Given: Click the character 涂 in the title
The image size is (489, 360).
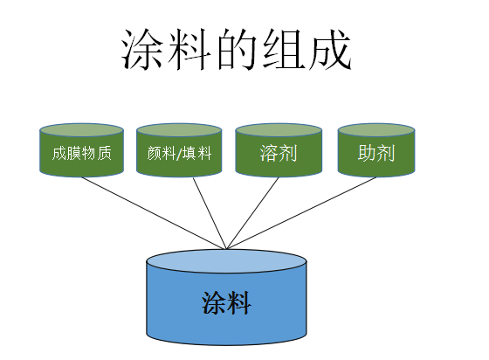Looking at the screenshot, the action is coord(141,49).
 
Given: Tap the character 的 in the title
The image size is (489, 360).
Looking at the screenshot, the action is coord(237,49).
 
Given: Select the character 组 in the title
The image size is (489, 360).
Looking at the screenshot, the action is coord(284,49).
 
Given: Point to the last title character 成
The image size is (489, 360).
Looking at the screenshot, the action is coord(331,49).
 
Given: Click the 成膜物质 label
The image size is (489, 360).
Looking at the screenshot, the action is coord(82,153).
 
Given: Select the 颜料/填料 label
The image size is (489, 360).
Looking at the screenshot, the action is coord(179,153).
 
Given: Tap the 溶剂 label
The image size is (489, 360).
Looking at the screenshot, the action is coord(279,153).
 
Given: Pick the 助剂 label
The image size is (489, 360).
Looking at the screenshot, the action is coord(376,153).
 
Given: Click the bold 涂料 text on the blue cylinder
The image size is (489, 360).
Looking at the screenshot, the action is coord(226,303).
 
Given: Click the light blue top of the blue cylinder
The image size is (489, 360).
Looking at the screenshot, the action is coord(226,261).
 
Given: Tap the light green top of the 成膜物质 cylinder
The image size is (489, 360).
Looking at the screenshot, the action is coord(82,130).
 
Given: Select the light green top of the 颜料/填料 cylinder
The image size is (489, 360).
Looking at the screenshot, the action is coord(179,130).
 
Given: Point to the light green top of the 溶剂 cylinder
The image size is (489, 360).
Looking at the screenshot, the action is coord(279,130).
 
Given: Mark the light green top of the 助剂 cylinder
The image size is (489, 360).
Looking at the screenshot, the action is coord(376,130).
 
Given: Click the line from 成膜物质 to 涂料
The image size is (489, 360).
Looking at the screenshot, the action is coord(154,213).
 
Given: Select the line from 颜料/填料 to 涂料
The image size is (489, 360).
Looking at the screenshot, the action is coord(210,213).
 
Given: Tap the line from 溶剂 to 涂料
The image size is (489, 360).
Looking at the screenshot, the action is coord(252,213).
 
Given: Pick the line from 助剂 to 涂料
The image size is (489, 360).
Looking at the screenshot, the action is coord(301,213).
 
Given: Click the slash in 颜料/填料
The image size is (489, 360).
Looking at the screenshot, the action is coord(179,154).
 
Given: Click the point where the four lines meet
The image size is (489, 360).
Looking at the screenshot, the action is coord(226,249).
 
